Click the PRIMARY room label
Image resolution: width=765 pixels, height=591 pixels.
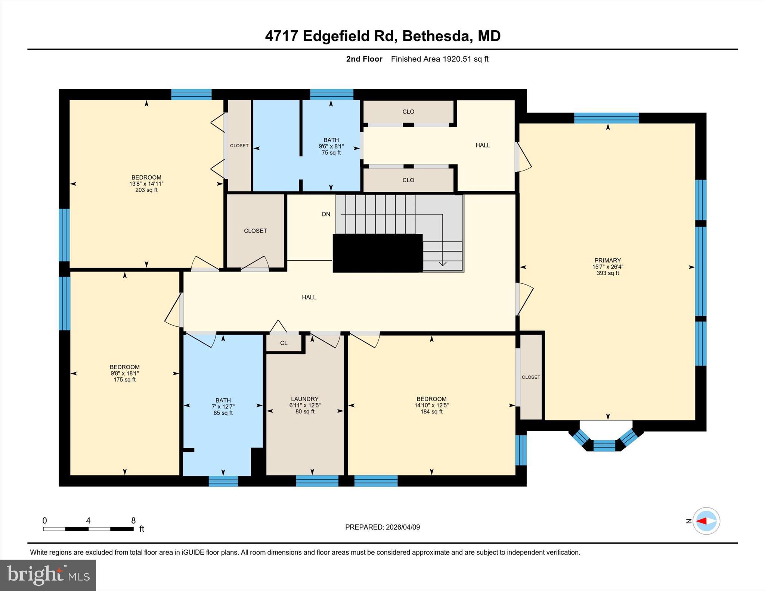(x=608, y=260)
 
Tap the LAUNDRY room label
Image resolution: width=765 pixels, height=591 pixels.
(x=305, y=399)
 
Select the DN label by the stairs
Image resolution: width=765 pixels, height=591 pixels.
(x=326, y=214)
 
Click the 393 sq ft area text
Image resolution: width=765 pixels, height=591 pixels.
(x=608, y=273)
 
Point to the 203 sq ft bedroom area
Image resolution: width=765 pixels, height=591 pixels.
(x=146, y=190)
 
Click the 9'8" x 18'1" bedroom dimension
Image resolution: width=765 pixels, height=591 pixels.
(x=125, y=373)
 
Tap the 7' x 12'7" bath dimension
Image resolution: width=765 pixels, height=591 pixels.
(x=223, y=407)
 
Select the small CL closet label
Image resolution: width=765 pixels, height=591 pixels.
(x=284, y=343)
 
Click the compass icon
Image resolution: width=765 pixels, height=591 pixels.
(x=706, y=521)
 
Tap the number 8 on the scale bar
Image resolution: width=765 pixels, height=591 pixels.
(x=133, y=520)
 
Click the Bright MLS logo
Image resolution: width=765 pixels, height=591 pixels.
(x=48, y=575)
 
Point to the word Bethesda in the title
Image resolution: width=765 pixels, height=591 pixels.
(x=435, y=36)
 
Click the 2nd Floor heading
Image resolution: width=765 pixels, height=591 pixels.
(x=364, y=59)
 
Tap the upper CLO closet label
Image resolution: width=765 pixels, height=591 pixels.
(x=408, y=112)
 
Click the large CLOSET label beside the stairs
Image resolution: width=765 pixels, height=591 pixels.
(x=255, y=231)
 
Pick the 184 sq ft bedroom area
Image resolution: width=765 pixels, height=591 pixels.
(x=431, y=411)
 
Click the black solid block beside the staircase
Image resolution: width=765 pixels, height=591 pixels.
(x=377, y=253)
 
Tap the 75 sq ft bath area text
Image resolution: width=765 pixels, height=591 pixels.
(x=331, y=153)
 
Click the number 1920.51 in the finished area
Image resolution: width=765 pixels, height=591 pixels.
(x=457, y=59)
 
